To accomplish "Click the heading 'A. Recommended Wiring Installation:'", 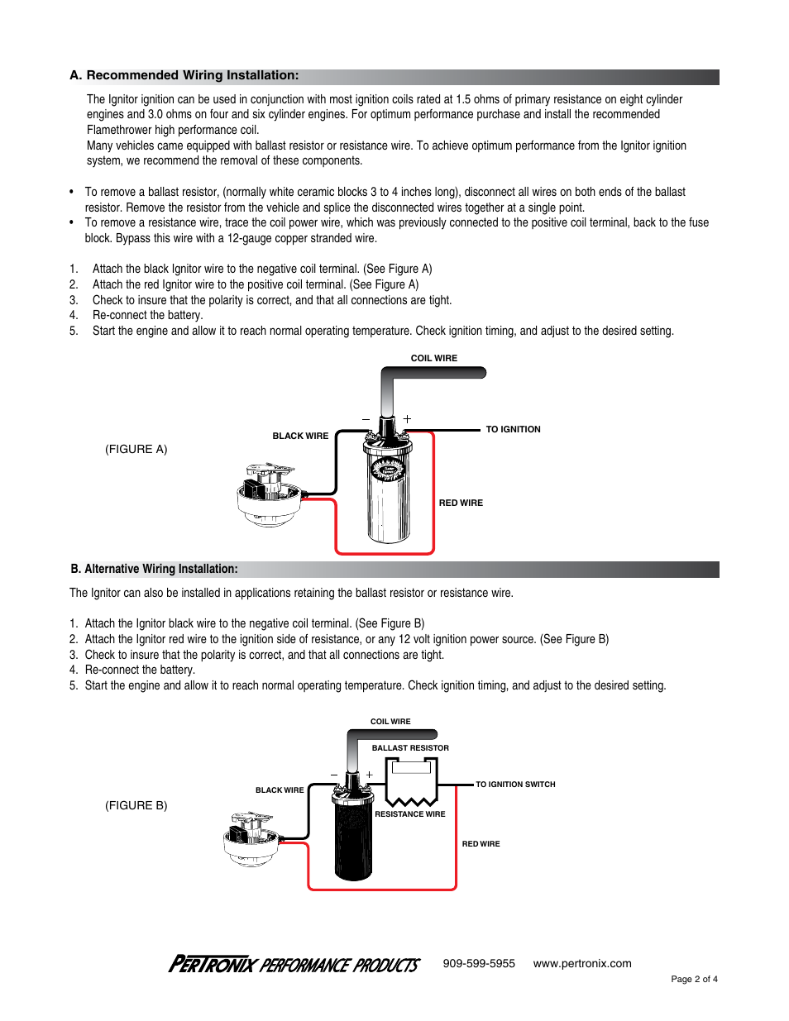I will (184, 76).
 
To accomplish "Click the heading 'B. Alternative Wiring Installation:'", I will (155, 570).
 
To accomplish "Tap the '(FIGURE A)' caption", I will (136, 450).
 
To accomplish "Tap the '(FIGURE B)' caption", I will (136, 806).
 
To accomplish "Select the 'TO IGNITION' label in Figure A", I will (513, 430).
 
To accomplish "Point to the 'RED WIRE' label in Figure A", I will (461, 503).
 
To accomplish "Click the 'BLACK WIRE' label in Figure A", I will (300, 437).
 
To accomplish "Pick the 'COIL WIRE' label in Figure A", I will (433, 359).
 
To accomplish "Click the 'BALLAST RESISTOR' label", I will (410, 748).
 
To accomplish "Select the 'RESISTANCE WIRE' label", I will (410, 814).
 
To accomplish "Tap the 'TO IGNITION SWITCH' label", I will (515, 785).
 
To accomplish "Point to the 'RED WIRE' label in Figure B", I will (481, 844).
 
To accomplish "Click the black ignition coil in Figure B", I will (353, 835).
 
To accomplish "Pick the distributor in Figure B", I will (251, 838).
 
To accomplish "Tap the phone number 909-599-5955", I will (479, 964).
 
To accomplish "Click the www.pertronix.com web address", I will (582, 964).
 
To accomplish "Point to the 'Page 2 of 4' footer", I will (694, 980).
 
